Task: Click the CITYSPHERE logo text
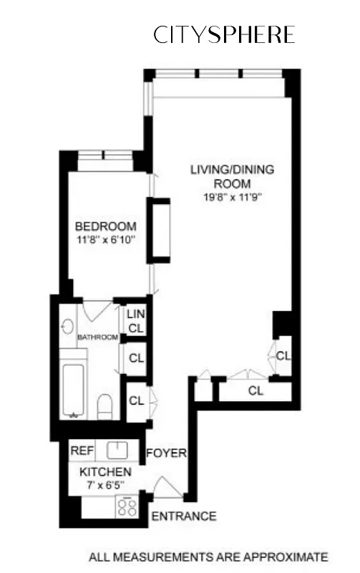[x=224, y=35]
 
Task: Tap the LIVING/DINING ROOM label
[x=232, y=177]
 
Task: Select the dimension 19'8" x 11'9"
[x=232, y=198]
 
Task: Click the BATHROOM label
[x=97, y=337]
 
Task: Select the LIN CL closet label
[x=135, y=321]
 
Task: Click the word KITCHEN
[x=105, y=472]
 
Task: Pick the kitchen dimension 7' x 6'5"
[x=105, y=485]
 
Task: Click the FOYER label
[x=166, y=453]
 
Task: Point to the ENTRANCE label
[x=183, y=516]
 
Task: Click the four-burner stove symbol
[x=128, y=508]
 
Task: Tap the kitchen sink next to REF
[x=117, y=451]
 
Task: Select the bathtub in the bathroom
[x=74, y=390]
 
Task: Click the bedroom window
[x=105, y=155]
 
